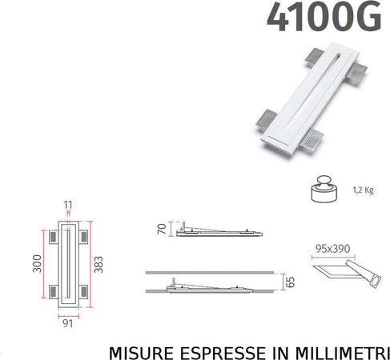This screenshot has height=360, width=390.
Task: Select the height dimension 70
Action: click(163, 230)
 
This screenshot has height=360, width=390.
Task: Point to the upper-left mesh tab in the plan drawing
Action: click(52, 238)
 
